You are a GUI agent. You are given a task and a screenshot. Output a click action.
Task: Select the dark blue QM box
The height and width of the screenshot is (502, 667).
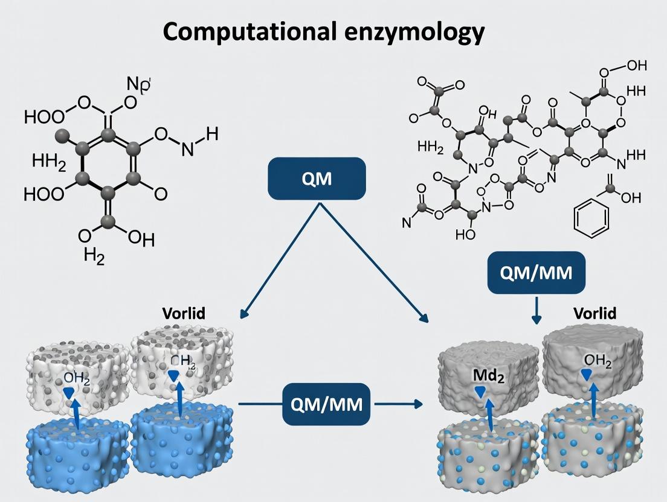[x=317, y=179]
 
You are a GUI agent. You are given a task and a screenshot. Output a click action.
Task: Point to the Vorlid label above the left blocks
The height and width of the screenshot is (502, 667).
[x=184, y=313]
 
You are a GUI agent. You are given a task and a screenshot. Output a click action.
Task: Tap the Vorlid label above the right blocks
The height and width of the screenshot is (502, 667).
[x=595, y=313]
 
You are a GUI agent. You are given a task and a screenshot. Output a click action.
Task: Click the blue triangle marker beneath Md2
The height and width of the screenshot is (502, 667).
[x=480, y=392]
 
